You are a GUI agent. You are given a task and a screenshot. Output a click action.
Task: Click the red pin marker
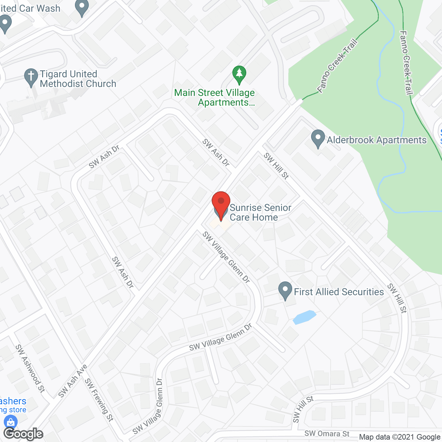[x=221, y=204]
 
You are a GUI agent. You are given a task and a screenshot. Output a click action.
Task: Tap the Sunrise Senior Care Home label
[x=260, y=212]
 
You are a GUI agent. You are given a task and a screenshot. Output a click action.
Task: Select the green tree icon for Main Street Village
[x=239, y=74]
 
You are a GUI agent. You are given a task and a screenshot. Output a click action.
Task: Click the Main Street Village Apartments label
[x=215, y=98]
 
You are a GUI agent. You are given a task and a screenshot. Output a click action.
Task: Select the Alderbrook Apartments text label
[x=376, y=140]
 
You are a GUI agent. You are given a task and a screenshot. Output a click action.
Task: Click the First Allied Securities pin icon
[x=285, y=290]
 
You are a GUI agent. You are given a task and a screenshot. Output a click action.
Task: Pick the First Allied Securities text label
[x=338, y=292]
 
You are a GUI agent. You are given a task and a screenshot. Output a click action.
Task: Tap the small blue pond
[x=304, y=317]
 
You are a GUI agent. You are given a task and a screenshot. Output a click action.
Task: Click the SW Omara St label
[x=327, y=434]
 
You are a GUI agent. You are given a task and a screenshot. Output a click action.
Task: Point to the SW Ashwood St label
[x=30, y=368]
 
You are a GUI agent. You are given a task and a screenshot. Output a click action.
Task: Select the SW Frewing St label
[x=99, y=400]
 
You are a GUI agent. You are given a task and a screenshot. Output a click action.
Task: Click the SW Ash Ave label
[x=73, y=381]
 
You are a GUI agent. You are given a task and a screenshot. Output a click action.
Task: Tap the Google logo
[x=23, y=434]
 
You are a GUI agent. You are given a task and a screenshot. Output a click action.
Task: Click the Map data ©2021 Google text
[x=400, y=437]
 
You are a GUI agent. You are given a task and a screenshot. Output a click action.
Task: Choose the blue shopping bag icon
[x=10, y=422]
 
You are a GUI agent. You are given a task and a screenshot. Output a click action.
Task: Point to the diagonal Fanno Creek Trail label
[x=337, y=66]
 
